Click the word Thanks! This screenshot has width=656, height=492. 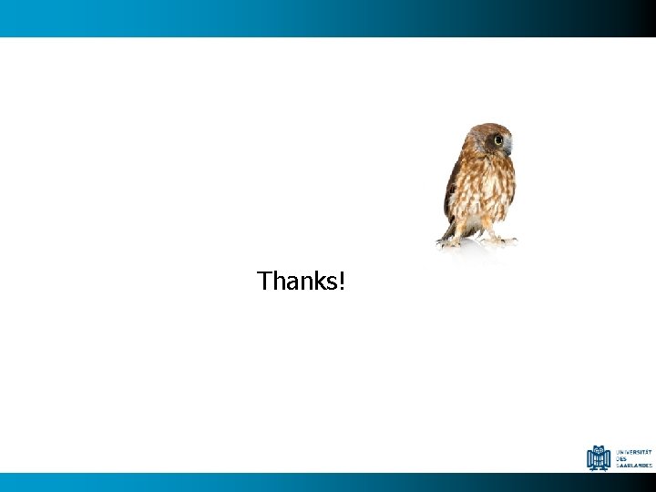(301, 281)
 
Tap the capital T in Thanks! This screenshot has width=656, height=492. (265, 281)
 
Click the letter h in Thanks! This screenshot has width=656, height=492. (278, 281)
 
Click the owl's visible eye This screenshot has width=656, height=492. (498, 140)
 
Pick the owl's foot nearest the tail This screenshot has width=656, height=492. (450, 241)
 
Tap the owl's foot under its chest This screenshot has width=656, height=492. (499, 240)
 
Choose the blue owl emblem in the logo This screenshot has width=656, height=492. (599, 457)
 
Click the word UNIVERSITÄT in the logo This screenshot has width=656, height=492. (634, 451)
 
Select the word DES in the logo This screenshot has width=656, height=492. (621, 458)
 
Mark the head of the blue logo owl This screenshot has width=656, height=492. (599, 448)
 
